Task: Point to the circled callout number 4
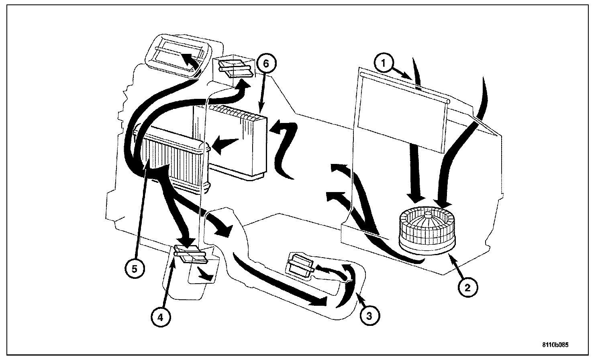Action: click(x=160, y=317)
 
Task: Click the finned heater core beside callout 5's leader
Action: click(x=173, y=161)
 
